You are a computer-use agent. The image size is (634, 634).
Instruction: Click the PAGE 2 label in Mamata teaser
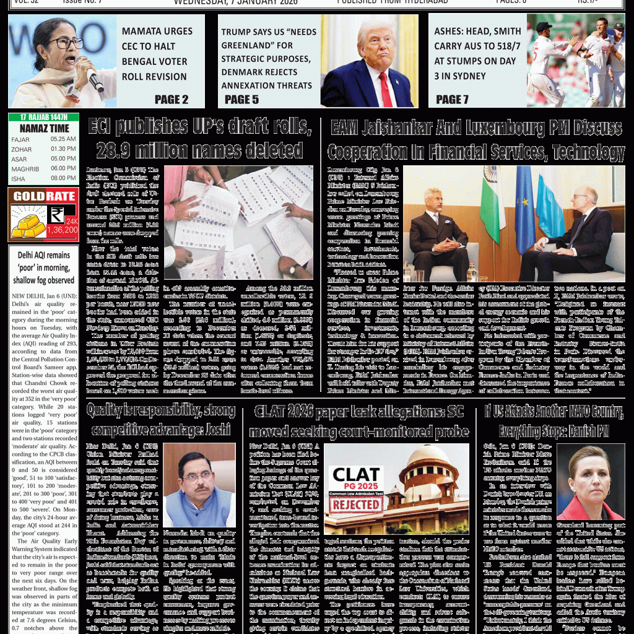(x=172, y=99)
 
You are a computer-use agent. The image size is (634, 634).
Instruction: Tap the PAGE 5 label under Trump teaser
(x=241, y=99)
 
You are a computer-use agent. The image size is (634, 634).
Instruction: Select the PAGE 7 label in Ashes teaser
(x=452, y=99)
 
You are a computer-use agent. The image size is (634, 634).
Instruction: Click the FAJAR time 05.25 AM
(x=63, y=139)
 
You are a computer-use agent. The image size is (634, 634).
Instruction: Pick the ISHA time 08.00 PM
(x=63, y=178)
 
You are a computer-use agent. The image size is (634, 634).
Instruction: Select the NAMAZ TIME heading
(x=43, y=128)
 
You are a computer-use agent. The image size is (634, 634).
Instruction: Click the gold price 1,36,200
(x=62, y=230)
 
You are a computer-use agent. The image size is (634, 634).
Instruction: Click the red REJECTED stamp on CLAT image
(x=355, y=504)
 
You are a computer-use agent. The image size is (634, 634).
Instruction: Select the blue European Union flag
(x=524, y=198)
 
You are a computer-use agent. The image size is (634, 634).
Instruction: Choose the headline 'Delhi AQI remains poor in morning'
(x=43, y=266)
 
